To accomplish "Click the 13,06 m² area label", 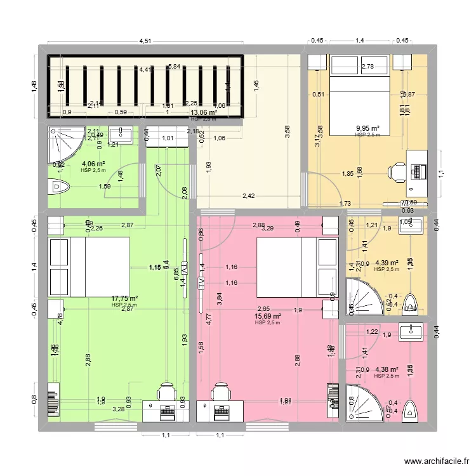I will click(204, 113).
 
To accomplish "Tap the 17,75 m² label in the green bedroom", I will click(125, 298).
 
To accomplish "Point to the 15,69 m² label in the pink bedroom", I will click(267, 316).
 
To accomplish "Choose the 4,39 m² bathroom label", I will click(387, 263).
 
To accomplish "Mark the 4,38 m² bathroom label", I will click(387, 369).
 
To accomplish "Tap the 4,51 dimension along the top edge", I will click(145, 42).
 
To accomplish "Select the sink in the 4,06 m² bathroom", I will click(120, 135).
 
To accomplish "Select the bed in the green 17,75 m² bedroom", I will click(89, 267).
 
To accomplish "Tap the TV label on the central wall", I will click(201, 282).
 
